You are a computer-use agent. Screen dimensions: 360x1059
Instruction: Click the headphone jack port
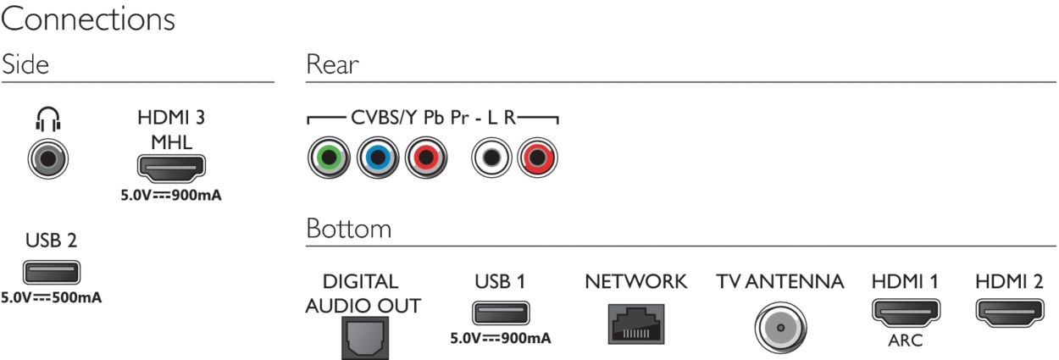(47, 158)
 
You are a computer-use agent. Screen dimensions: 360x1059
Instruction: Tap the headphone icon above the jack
(47, 119)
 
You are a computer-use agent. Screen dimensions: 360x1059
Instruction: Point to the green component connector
(327, 158)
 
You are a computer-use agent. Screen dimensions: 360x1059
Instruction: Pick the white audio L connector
(489, 158)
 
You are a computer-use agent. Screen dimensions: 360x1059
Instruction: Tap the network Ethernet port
(635, 322)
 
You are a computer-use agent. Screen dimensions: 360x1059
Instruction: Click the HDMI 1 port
(905, 313)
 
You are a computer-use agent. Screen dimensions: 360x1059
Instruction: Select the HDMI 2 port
(1008, 313)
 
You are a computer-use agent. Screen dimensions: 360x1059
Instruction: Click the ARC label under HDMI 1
(905, 341)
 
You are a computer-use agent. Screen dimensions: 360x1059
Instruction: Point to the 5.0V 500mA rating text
(52, 298)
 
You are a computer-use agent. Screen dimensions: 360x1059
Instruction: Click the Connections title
(88, 20)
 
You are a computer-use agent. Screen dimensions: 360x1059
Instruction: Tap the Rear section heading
(332, 65)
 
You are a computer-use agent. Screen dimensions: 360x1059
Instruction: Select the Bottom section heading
(348, 229)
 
